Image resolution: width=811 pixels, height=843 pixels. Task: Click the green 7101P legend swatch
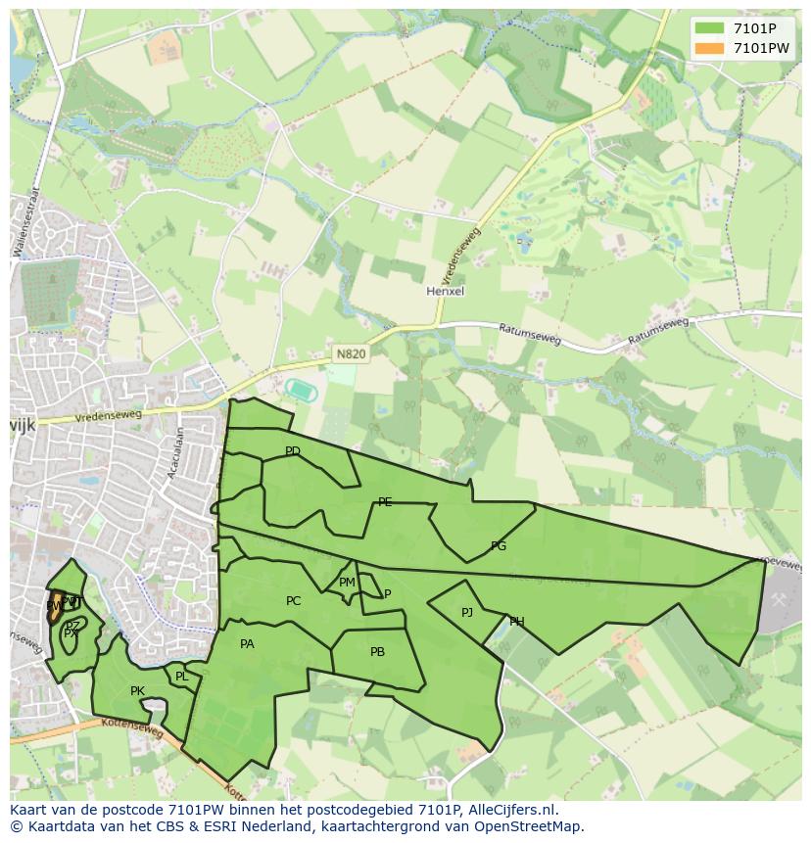point(709,28)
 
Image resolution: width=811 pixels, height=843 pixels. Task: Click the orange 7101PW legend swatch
point(709,48)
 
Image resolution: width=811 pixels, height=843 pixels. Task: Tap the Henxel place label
point(445,292)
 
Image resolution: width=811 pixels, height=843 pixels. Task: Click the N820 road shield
point(351,354)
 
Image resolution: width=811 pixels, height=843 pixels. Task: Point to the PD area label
point(292,451)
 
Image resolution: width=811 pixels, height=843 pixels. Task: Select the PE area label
point(385,502)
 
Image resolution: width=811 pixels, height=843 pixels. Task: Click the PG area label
point(499,546)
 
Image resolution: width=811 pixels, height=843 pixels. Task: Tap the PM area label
point(347,583)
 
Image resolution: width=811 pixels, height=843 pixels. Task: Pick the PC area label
point(293,601)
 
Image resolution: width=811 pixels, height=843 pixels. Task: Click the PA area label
point(247,644)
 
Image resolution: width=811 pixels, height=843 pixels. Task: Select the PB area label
point(377,652)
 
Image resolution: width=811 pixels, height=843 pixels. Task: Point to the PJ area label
point(467,613)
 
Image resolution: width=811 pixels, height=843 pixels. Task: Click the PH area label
point(516,622)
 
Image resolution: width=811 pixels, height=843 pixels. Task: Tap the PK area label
point(137,691)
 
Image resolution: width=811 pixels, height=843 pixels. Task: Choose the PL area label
point(181,677)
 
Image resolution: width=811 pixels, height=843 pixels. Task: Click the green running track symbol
point(299,389)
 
